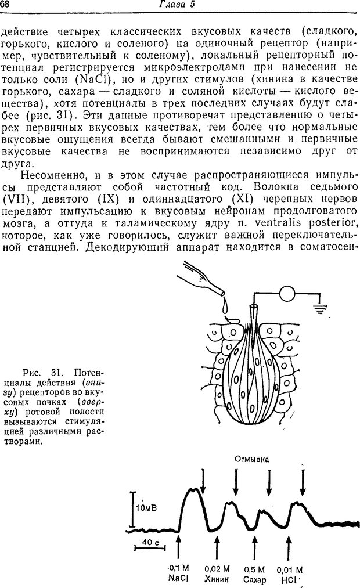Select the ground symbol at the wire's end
click(x=319, y=308)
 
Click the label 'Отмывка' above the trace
click(x=252, y=459)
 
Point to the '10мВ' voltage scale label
click(x=146, y=507)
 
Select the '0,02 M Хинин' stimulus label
click(x=217, y=573)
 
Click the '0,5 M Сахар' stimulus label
click(x=254, y=573)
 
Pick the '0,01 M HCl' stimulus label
click(x=289, y=573)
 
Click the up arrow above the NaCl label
click(x=178, y=547)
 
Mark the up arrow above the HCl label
click(x=289, y=547)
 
